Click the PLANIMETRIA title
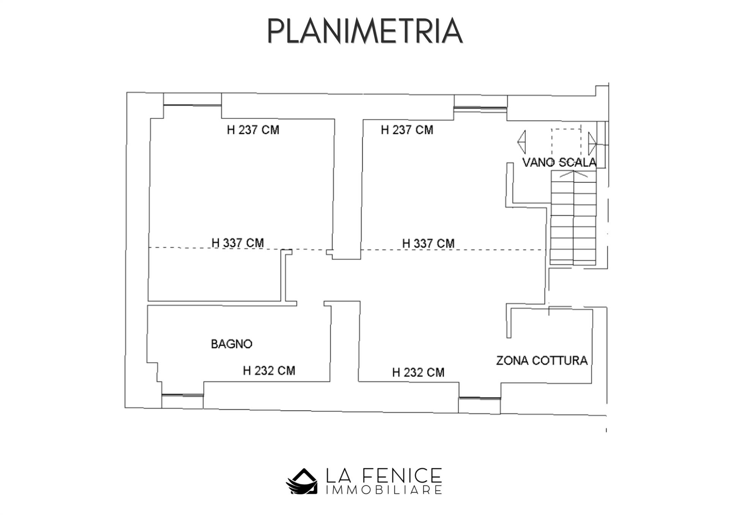tap(365, 31)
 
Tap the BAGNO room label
tap(232, 344)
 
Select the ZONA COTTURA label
tap(542, 360)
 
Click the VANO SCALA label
tap(559, 162)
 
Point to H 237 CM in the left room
tap(253, 130)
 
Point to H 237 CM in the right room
tap(407, 130)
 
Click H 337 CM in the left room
tap(238, 243)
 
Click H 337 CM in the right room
tap(428, 243)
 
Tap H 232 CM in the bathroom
tap(269, 370)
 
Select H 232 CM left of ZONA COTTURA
tap(418, 372)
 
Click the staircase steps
tap(573, 218)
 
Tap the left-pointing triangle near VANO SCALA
tap(522, 142)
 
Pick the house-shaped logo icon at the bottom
tap(301, 481)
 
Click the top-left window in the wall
tap(193, 105)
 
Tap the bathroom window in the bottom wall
tap(183, 395)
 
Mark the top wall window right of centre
tap(481, 109)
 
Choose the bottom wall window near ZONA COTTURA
tap(480, 398)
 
